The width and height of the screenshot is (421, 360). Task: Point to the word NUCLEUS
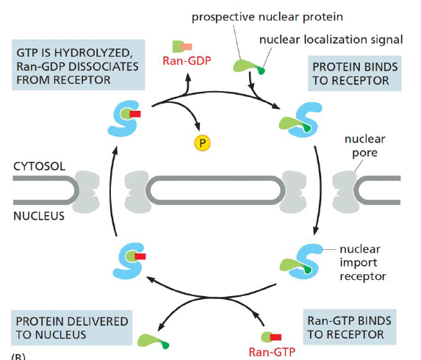click(x=39, y=217)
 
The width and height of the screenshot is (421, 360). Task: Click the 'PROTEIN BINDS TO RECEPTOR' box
click(x=355, y=73)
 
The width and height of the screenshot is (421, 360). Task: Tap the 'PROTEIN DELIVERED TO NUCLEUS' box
click(x=71, y=327)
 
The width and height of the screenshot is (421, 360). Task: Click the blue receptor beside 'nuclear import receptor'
click(x=303, y=259)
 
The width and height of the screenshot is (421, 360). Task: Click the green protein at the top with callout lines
click(x=248, y=68)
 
